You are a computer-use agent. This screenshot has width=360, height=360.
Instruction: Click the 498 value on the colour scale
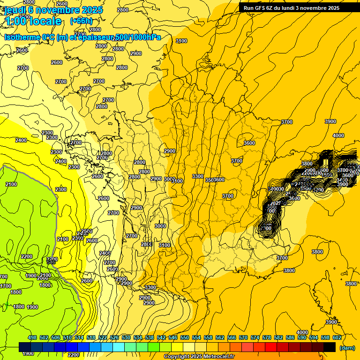32,337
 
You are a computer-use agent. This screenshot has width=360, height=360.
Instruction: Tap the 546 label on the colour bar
173,337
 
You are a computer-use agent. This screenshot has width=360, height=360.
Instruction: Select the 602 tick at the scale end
337,337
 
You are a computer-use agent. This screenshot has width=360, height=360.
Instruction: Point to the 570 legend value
243,337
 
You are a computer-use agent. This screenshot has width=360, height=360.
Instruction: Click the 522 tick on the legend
103,337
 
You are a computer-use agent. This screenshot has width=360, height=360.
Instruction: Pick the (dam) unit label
347,348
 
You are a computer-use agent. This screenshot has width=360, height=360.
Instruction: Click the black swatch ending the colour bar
330,347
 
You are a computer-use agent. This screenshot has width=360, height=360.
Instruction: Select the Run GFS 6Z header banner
289,8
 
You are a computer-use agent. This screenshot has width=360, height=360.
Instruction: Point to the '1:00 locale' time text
33,21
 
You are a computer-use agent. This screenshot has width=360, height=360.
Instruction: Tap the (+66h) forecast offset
81,21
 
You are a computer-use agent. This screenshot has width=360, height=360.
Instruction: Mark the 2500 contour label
87,231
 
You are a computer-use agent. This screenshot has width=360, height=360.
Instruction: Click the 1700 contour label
5,286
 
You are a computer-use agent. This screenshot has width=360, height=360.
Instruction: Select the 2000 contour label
43,278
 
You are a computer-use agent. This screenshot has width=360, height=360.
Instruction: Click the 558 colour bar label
208,337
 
